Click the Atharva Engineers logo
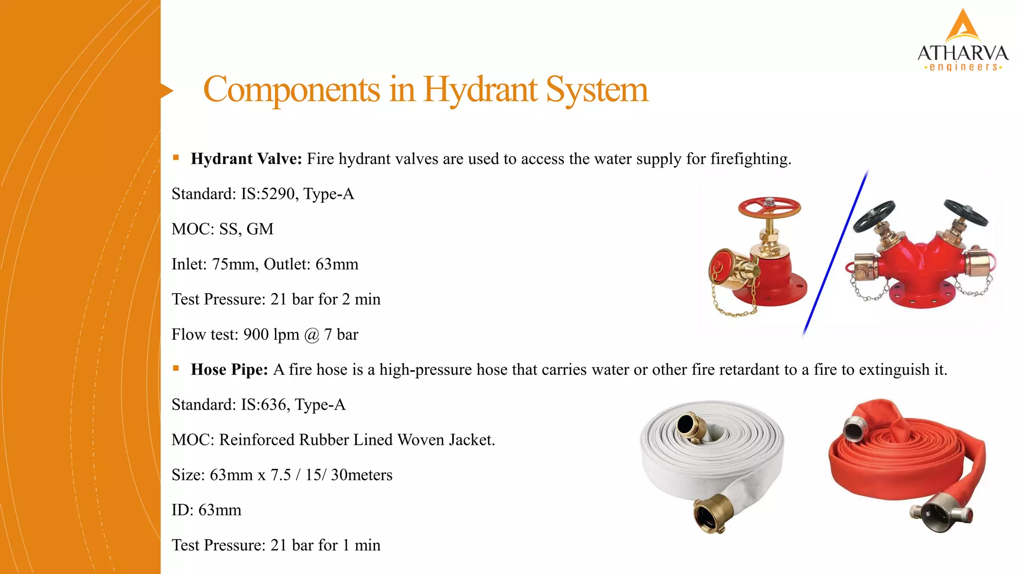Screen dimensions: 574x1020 click(x=963, y=41)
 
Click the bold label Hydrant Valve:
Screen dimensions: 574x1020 click(x=246, y=159)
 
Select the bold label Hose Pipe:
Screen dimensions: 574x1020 click(x=229, y=370)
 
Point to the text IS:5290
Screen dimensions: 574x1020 click(x=268, y=194)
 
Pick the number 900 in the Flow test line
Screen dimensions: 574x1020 click(x=256, y=334)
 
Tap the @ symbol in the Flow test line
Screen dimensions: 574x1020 click(x=312, y=335)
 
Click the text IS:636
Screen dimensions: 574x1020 click(x=263, y=405)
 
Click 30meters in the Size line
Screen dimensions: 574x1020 click(x=362, y=475)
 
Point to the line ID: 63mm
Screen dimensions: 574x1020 click(x=206, y=510)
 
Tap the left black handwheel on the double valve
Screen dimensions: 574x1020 click(x=874, y=216)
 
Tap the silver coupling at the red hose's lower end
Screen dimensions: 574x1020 click(x=938, y=516)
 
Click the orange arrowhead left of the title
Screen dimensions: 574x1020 click(x=167, y=91)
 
